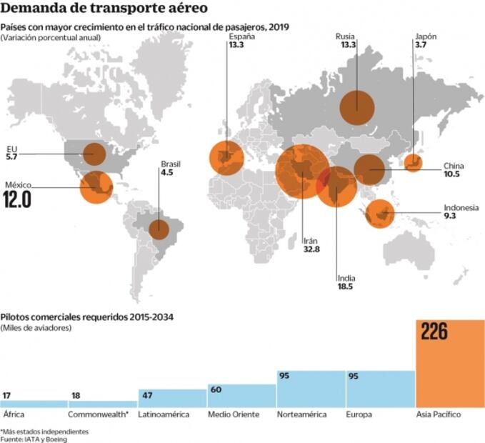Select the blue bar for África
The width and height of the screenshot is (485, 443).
coord(34,403)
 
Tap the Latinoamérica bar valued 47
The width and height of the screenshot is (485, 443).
coord(172,398)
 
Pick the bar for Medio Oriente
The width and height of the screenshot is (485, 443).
coord(241,395)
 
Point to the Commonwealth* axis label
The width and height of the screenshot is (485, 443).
coord(98,415)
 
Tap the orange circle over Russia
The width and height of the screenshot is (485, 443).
coord(359,108)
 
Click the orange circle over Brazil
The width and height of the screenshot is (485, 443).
coord(158,230)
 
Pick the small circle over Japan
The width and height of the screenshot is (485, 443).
coord(413,163)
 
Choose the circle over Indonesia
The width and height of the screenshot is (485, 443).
coord(380,213)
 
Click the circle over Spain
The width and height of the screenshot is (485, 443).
coord(226,158)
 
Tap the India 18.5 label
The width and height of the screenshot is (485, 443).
coord(346,282)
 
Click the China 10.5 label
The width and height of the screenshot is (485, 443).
coord(454,170)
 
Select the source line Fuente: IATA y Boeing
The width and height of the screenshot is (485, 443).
coord(38,439)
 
